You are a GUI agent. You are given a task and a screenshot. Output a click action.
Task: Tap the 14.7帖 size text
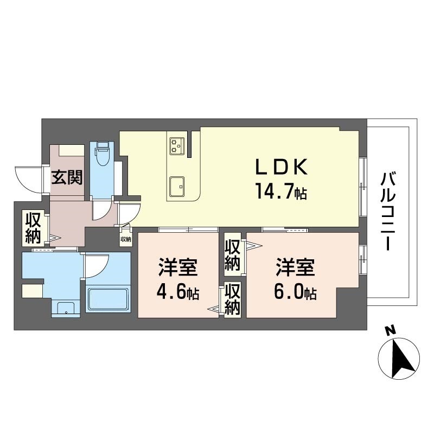(x=280, y=191)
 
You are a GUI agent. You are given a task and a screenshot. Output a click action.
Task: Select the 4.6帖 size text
(x=177, y=293)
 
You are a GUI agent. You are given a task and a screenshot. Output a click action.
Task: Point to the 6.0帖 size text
(x=295, y=293)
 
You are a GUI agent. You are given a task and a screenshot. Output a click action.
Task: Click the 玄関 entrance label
(x=67, y=177)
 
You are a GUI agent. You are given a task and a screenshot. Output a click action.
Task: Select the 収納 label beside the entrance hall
(x=32, y=228)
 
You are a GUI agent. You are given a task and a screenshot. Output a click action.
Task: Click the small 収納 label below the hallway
(x=125, y=239)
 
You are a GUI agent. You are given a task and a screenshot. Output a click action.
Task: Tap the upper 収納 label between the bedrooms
(x=233, y=254)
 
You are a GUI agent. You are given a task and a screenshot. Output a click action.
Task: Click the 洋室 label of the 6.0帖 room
(x=296, y=267)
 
